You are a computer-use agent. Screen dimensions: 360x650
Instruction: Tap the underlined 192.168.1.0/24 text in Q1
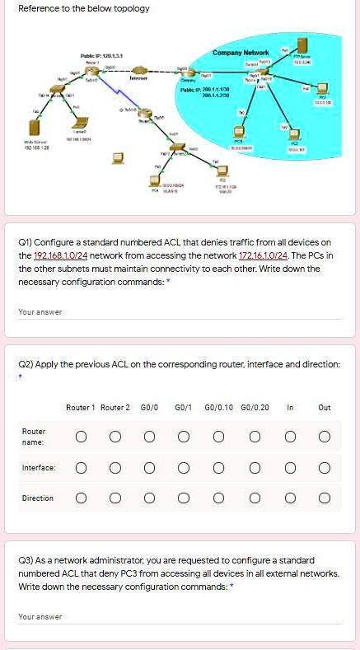(52, 255)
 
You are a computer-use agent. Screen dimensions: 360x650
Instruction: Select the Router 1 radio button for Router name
(81, 436)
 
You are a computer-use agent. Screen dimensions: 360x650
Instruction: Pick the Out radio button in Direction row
(325, 498)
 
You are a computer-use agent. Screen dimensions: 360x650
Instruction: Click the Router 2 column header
(115, 406)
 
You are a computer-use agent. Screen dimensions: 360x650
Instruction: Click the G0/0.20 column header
(254, 406)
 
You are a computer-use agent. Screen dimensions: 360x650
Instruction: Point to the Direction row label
(37, 498)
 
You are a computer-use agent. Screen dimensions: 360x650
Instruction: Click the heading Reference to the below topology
(83, 9)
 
